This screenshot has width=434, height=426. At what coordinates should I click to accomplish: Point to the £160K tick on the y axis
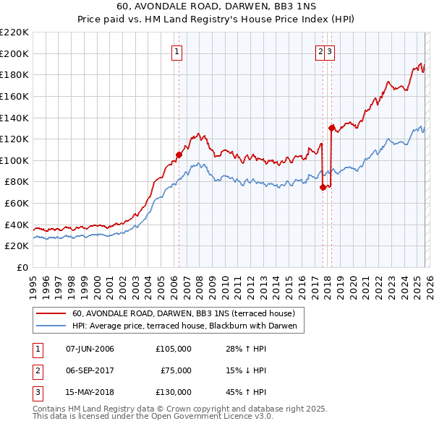tap(14, 96)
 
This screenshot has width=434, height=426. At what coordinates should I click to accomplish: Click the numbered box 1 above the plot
tap(177, 51)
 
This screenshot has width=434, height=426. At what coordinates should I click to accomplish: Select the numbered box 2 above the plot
tap(320, 51)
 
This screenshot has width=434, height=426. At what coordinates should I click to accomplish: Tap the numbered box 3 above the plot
tap(329, 51)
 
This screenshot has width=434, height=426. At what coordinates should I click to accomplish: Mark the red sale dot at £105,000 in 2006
tap(179, 155)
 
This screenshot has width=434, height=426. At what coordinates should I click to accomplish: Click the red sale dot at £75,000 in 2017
tap(323, 186)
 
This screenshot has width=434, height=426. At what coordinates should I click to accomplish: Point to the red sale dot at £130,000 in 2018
tap(331, 128)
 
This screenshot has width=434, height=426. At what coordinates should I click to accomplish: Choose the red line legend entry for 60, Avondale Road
tap(183, 314)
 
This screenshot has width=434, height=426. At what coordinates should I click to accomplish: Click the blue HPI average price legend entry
tap(187, 326)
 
